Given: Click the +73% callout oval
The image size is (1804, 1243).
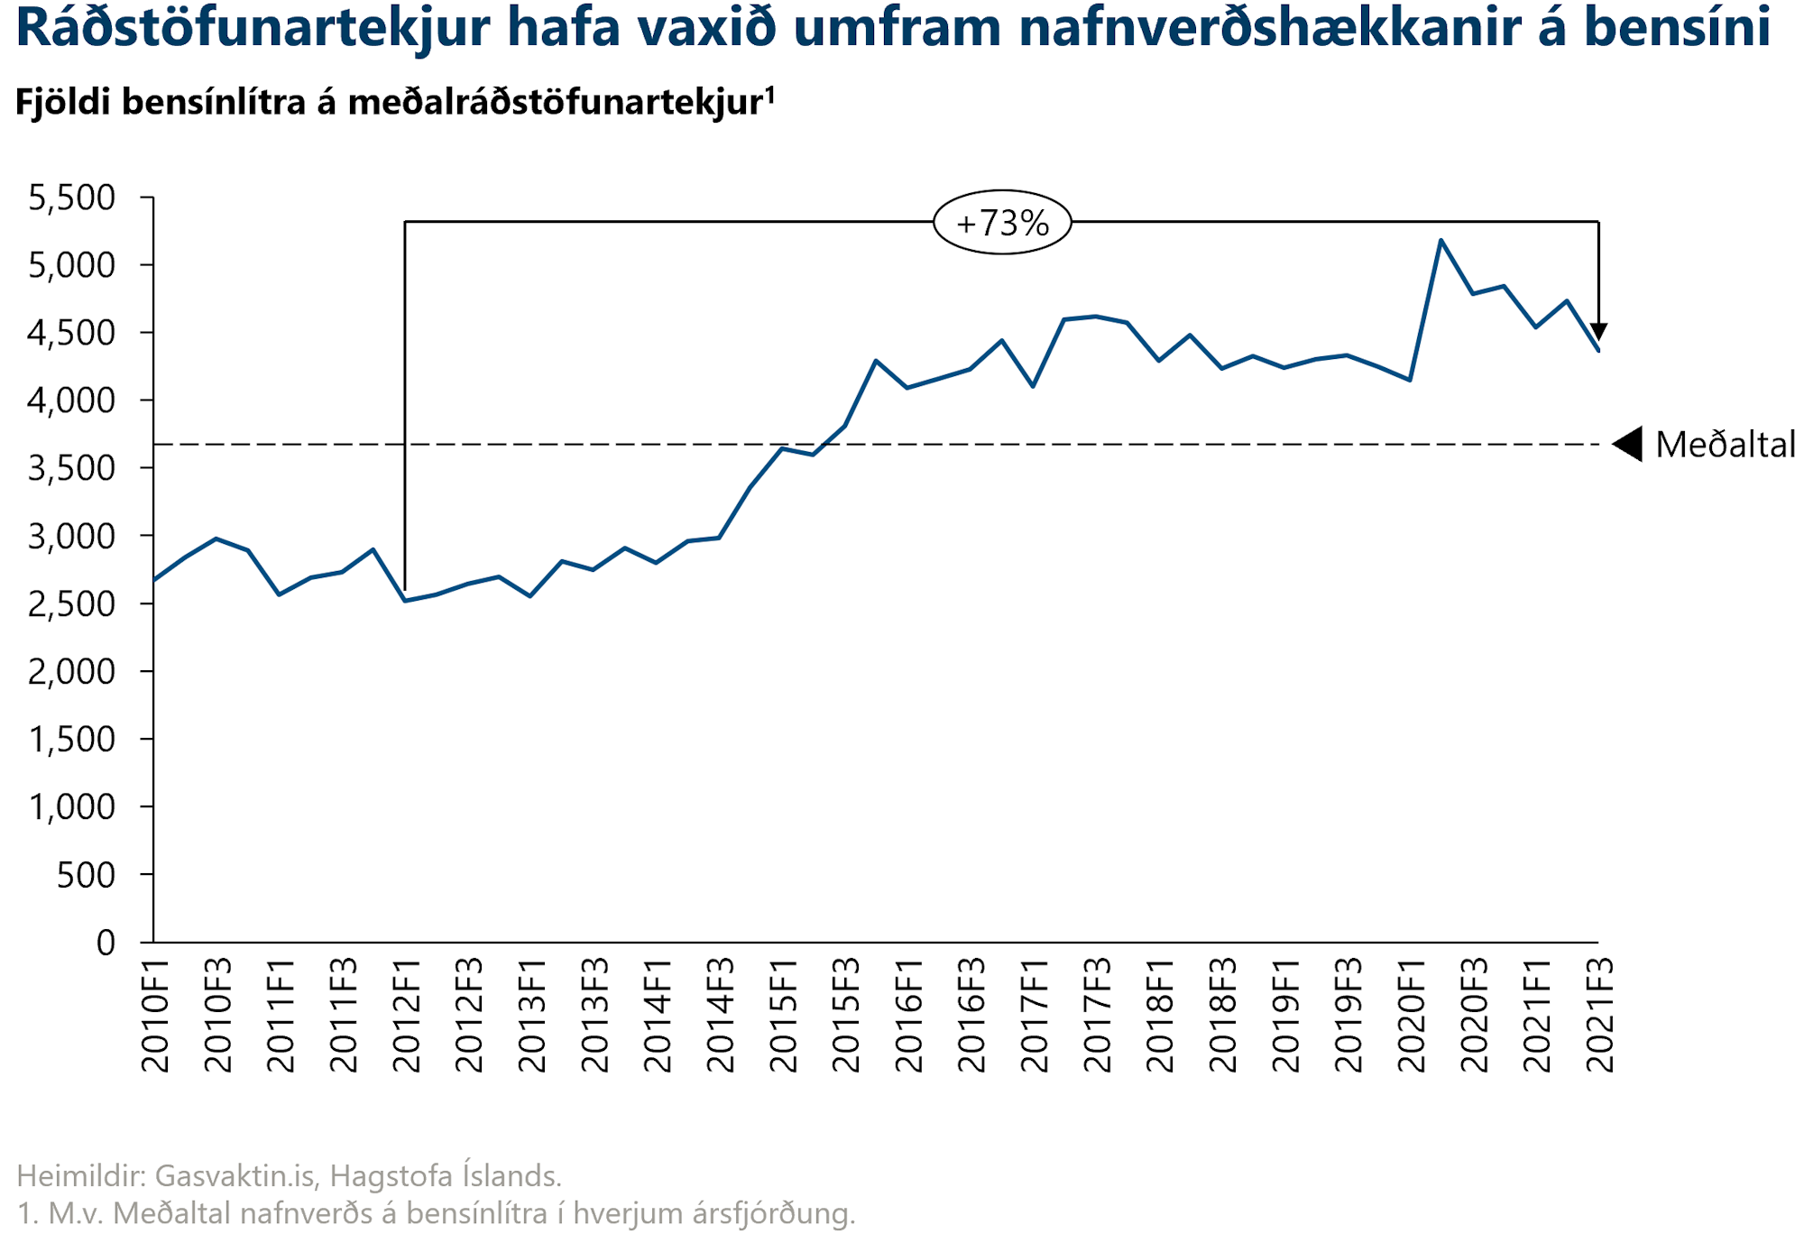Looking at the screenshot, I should coord(1002,222).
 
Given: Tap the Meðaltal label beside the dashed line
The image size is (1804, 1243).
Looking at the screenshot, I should coord(1725,445).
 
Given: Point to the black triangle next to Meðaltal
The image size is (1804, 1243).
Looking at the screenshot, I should coord(1628,444).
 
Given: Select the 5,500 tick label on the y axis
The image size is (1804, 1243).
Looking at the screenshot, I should coord(72,198).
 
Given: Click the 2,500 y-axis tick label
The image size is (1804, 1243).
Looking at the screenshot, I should coord(72,604).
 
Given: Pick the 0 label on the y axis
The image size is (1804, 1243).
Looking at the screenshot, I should coord(106,943).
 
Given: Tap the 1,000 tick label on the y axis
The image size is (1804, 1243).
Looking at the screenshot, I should coord(72,807).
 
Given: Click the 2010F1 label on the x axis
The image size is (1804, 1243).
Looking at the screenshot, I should coord(155,1015).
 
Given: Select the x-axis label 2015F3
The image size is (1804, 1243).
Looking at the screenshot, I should coord(846,1015).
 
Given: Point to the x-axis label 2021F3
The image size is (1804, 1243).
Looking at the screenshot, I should coord(1599,1015).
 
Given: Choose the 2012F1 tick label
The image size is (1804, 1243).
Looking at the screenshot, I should coord(407,1015).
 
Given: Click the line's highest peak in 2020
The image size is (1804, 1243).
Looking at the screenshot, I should coord(1441,240).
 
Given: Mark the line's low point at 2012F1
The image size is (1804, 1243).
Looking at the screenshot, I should coord(405,601).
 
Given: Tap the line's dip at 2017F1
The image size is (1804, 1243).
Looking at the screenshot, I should coord(1033,386).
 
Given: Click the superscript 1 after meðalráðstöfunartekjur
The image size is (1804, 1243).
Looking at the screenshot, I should coord(770,93).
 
